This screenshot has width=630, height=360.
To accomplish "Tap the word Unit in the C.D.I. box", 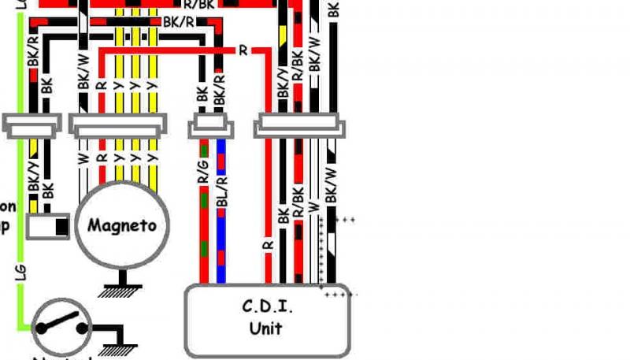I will coord(266,327).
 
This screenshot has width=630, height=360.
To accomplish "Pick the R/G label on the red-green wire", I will coord(204,184).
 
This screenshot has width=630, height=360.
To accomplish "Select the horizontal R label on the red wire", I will coord(243,50).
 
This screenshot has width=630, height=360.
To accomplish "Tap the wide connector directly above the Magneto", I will coord(118,123).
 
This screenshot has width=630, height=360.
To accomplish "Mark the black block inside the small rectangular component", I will coord(60,227).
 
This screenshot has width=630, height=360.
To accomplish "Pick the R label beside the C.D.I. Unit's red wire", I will coord(267,246).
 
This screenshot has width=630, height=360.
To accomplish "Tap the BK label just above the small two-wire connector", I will coord(202,94).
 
